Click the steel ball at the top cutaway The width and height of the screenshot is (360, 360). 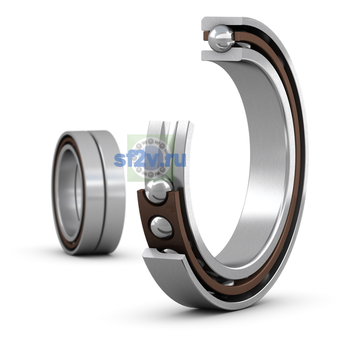(x=221, y=38)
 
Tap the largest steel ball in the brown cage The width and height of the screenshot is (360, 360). (x=158, y=190)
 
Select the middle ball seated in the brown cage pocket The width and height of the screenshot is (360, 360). (x=161, y=227)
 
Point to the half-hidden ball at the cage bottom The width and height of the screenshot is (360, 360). (x=171, y=251)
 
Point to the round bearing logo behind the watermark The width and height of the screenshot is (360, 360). (x=151, y=158)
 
